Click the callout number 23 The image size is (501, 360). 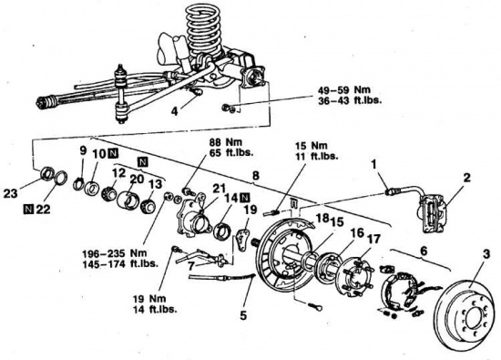(x=11, y=193)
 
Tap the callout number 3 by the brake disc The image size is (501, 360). (x=486, y=255)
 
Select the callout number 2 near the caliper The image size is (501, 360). (x=466, y=178)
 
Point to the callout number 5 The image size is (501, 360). (x=243, y=315)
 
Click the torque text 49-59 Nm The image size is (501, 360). (x=343, y=90)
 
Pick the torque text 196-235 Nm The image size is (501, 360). (x=115, y=253)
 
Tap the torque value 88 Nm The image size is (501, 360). (x=225, y=142)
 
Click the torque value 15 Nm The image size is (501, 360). (x=312, y=146)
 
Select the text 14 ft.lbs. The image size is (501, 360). (x=155, y=310)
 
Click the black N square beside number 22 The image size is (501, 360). (x=28, y=210)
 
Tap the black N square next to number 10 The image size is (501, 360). (x=113, y=153)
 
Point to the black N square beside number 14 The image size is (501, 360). (x=244, y=198)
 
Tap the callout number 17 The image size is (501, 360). (x=373, y=239)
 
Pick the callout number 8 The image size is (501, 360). (x=256, y=176)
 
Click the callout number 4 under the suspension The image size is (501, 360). (x=174, y=112)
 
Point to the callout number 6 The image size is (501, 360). (x=423, y=251)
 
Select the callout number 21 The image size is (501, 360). (x=220, y=189)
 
